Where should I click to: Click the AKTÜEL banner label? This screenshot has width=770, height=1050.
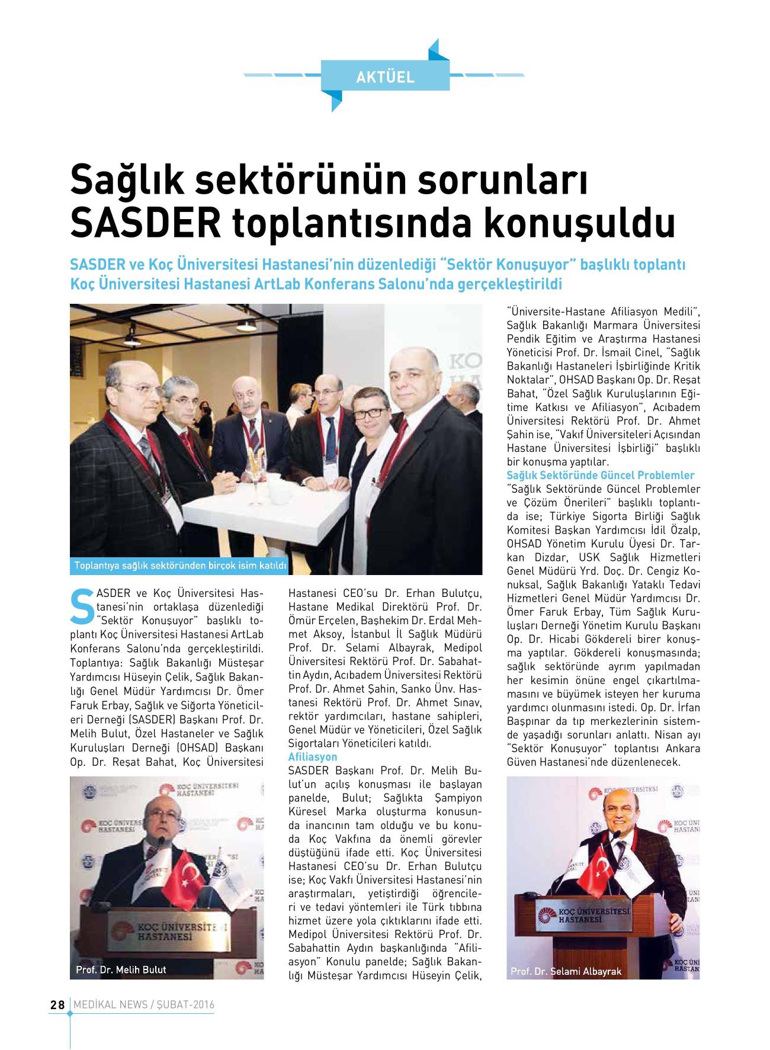point(385,76)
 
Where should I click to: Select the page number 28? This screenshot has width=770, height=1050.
point(57,1005)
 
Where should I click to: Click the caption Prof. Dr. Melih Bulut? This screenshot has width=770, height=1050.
point(121,969)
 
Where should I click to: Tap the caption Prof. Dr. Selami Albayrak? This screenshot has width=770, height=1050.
point(566,972)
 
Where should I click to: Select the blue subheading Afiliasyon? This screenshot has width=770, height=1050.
point(312,757)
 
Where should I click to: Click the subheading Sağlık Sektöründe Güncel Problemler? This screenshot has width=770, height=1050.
point(601,476)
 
